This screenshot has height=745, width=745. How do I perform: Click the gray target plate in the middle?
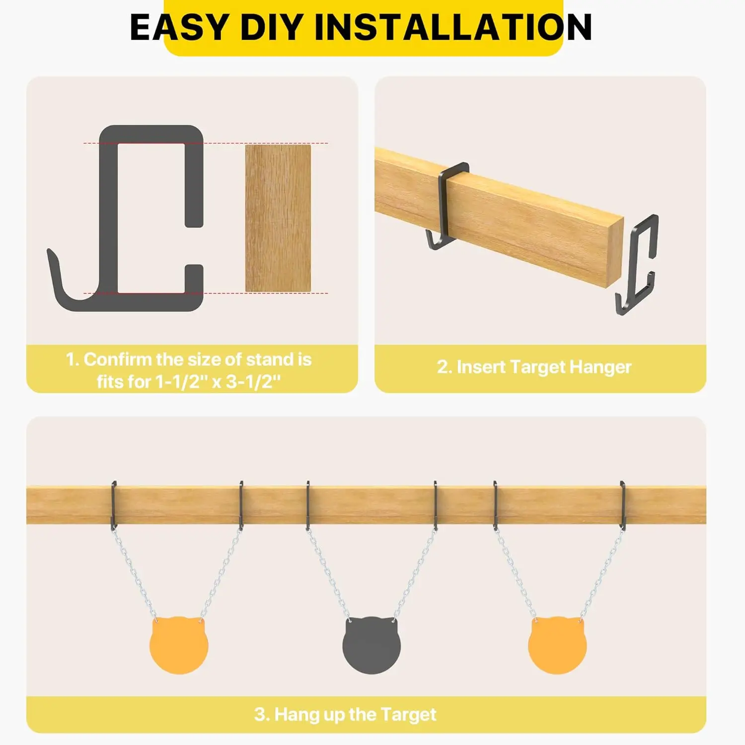[372, 645]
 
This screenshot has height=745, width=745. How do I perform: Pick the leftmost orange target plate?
[179, 645]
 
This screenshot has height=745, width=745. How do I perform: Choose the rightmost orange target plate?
[557, 645]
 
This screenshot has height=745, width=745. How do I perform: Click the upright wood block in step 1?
[278, 218]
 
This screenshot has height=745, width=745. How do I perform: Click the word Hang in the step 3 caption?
[297, 714]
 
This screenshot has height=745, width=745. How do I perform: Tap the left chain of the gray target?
[327, 574]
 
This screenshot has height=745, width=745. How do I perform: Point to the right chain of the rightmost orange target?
[601, 574]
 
